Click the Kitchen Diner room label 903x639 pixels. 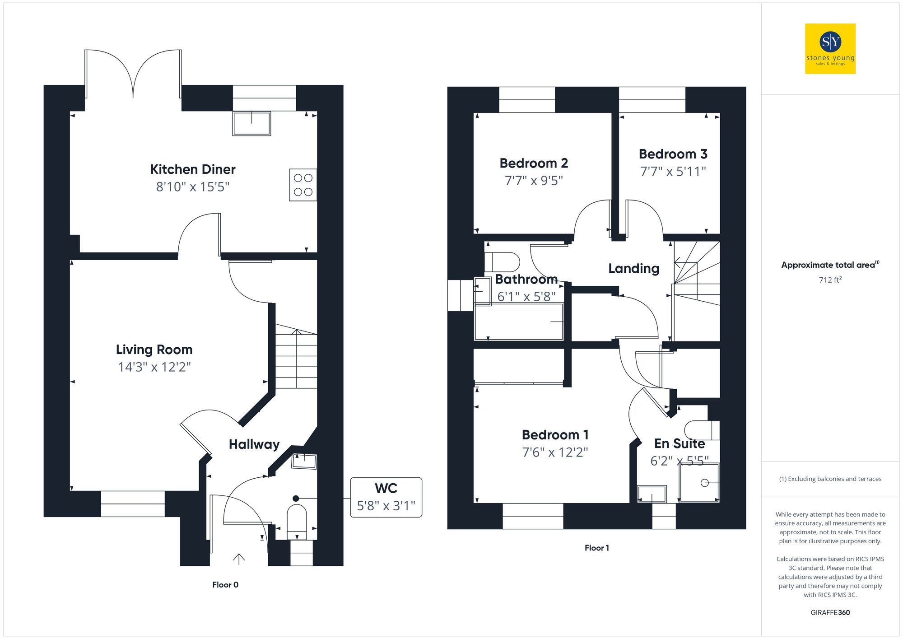point(193,169)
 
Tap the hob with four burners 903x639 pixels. point(303,185)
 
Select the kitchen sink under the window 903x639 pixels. point(251,123)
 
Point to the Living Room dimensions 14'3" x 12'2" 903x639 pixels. point(154,367)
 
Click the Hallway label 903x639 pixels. point(254,444)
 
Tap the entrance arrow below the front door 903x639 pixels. point(238,559)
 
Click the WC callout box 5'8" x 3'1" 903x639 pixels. point(386,497)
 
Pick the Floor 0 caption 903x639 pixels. point(225,585)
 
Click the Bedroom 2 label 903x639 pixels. point(534,163)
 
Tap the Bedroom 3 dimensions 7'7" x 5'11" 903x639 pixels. point(673,172)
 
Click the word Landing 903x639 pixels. point(633,269)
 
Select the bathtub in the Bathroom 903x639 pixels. point(519,322)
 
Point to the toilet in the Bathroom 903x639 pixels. point(503,262)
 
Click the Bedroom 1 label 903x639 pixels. point(555,435)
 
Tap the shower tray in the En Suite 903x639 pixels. point(699,483)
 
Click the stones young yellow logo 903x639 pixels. point(830,49)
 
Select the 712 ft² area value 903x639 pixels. point(830,280)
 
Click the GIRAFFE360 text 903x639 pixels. point(830,613)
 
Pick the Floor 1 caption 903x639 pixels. point(596,548)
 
